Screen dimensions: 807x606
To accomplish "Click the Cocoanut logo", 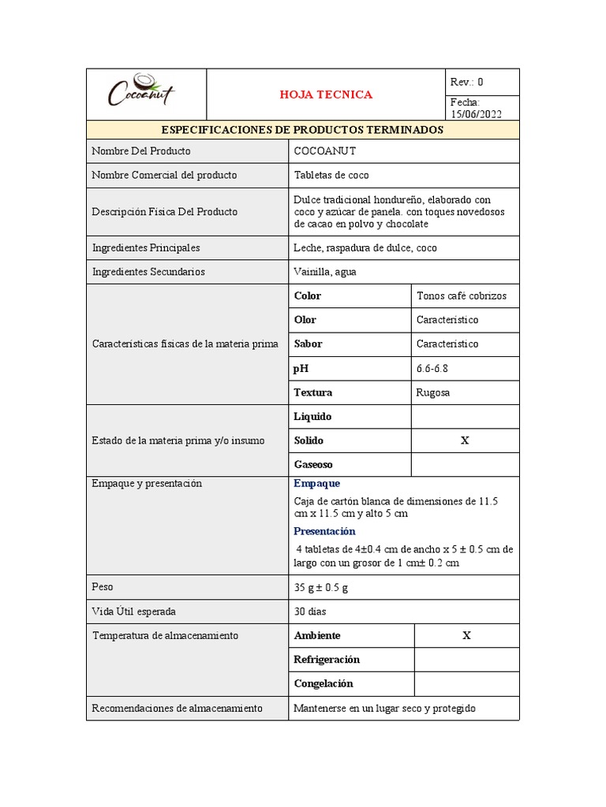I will click(x=142, y=93).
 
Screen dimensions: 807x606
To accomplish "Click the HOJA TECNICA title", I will click(x=326, y=95).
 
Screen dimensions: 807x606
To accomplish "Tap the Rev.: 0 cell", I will click(x=466, y=82).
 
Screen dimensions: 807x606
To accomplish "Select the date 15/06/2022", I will click(x=476, y=113).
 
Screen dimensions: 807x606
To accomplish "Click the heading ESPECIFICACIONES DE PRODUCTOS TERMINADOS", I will click(x=302, y=130).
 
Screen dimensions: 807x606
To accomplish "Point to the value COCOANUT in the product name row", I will click(x=324, y=151).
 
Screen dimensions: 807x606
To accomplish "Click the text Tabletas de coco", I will click(x=331, y=175).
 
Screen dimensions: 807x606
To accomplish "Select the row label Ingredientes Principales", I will click(x=146, y=247).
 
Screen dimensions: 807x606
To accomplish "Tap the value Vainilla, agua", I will click(x=324, y=272).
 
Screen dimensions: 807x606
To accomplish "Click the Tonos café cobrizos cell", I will click(x=462, y=296).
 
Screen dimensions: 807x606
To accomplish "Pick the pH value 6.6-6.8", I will click(x=432, y=368).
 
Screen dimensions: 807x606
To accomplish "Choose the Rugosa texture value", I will click(x=433, y=392).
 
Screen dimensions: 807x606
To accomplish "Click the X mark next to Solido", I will click(x=465, y=441).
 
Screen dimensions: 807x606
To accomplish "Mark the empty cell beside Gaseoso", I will click(x=465, y=465).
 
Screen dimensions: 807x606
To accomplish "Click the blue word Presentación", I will click(x=324, y=531).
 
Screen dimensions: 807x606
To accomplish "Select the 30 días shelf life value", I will click(x=310, y=612).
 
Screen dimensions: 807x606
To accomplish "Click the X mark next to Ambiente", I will click(x=466, y=635).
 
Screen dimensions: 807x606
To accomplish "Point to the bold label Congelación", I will click(x=324, y=683).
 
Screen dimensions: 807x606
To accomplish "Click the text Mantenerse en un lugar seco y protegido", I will click(x=384, y=708).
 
